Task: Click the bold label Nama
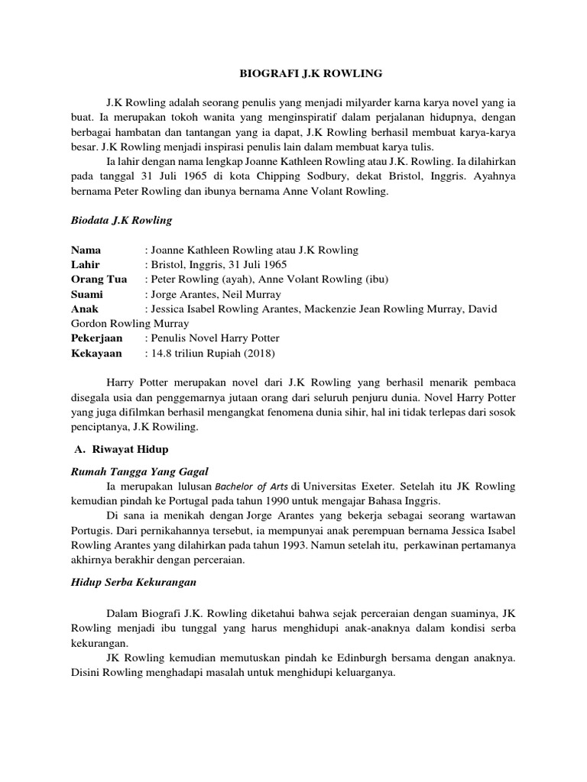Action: (86, 250)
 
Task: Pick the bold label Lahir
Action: (86, 265)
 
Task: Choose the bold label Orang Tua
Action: (99, 280)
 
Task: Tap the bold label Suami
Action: (87, 294)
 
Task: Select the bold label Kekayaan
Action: (96, 352)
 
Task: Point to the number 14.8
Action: (164, 352)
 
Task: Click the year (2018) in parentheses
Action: (258, 352)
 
